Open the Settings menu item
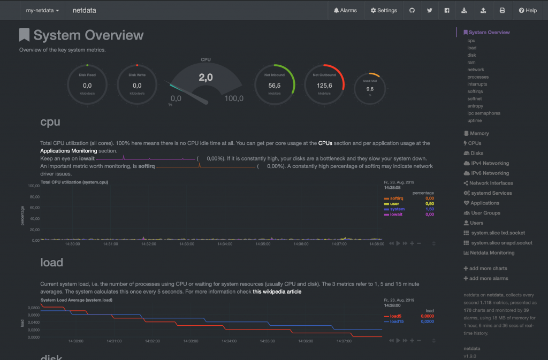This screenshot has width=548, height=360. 384,10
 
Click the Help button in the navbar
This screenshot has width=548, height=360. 527,10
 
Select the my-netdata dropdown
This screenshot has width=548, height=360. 42,10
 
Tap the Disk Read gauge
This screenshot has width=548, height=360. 87,85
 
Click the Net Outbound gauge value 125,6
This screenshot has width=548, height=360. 324,85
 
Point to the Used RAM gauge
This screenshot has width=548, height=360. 370,89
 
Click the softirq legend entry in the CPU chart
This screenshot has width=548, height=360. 397,198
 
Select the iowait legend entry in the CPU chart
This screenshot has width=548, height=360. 397,214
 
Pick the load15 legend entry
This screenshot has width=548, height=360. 396,321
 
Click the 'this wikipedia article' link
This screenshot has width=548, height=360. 277,292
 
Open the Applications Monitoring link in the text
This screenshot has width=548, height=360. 68,151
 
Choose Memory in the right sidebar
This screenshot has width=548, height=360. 479,133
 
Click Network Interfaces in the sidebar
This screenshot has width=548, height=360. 491,183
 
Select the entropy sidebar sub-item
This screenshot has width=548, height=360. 475,106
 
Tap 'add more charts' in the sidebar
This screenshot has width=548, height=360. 488,269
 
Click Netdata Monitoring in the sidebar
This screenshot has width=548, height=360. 492,252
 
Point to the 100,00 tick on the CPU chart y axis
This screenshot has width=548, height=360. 33,186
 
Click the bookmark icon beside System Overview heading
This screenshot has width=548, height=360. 24,35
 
